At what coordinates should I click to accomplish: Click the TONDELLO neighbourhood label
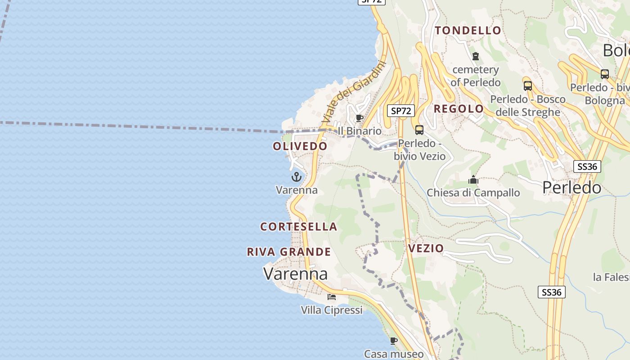pos(468,31)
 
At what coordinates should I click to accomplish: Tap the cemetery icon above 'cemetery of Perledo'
pos(476,56)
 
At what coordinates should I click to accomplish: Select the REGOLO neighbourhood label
pos(459,109)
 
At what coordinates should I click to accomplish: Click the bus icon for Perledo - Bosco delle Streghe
pos(527,85)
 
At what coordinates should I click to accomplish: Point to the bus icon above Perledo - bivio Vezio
pos(419,130)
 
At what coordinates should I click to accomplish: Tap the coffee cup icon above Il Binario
pos(359,118)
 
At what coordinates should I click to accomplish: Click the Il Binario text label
pos(360,131)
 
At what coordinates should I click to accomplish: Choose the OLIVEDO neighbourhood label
pos(300,146)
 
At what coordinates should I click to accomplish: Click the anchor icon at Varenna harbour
pos(296,177)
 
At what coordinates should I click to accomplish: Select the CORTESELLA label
pos(299,227)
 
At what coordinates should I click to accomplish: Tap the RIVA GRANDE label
pos(289,252)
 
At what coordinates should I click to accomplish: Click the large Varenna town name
pos(296,274)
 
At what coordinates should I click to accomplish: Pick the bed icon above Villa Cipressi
pos(332,297)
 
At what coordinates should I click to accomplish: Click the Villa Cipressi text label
pos(332,310)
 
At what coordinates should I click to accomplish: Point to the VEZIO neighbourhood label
pos(426,248)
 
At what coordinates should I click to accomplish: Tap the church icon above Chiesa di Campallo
pos(473,180)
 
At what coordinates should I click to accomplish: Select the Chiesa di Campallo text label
pos(473,193)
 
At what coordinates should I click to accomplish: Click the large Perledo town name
pos(571,187)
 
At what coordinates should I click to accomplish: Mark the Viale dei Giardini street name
pos(354,93)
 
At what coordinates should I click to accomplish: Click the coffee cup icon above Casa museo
pos(394,341)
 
